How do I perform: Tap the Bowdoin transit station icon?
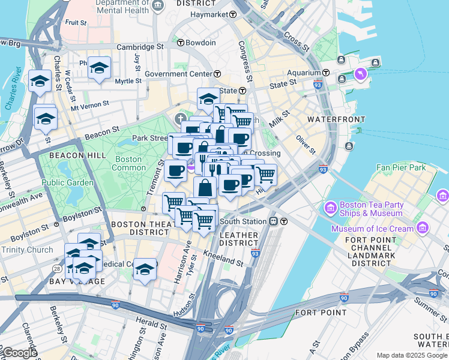(181, 43)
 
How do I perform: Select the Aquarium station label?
(303, 73)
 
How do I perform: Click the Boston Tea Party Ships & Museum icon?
(330, 208)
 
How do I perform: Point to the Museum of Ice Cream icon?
(423, 228)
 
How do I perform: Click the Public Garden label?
(67, 182)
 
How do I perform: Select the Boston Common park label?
(127, 164)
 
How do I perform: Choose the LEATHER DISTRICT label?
(238, 238)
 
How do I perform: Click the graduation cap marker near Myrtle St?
(98, 68)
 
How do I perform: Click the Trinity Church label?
(27, 250)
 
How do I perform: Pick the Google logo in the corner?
(19, 353)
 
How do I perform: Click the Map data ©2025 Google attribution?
(412, 355)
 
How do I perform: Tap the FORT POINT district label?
(321, 312)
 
